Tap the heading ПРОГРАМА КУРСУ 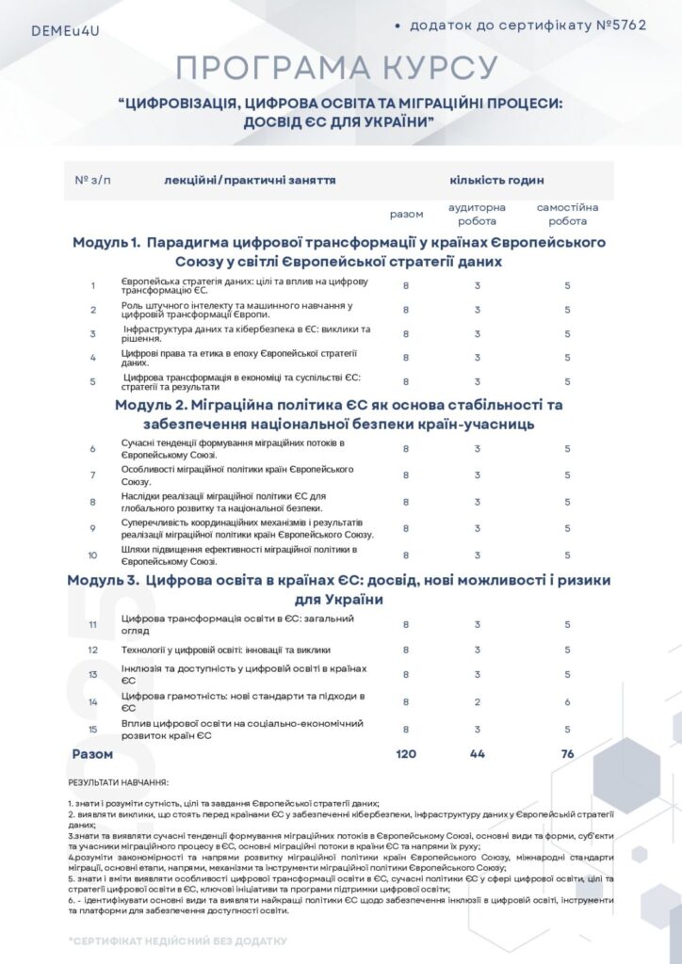pos(337,68)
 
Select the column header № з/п pos(92,180)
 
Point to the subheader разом pos(406,214)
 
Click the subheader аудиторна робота pos(477,214)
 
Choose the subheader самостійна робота pos(567,214)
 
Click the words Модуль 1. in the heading pos(106,242)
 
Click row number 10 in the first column pos(92,555)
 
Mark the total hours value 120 pos(406,754)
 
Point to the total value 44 pos(478,754)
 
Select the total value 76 pos(567,754)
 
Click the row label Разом pos(92,754)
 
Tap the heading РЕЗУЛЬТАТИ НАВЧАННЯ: pos(119,782)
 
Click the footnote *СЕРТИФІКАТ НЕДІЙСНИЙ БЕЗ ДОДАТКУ pos(177,940)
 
